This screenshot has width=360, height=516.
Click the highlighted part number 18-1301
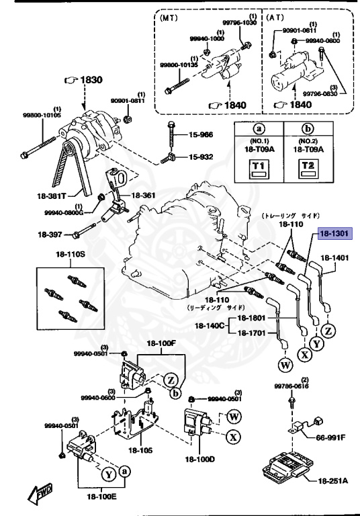pos(334,234)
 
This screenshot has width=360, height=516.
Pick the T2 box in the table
pos(308,167)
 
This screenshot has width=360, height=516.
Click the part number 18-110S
pos(71,256)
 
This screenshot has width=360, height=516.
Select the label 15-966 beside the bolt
pos(199,135)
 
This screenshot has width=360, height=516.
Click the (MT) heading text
pos(170,19)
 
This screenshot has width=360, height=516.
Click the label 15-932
pos(199,157)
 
